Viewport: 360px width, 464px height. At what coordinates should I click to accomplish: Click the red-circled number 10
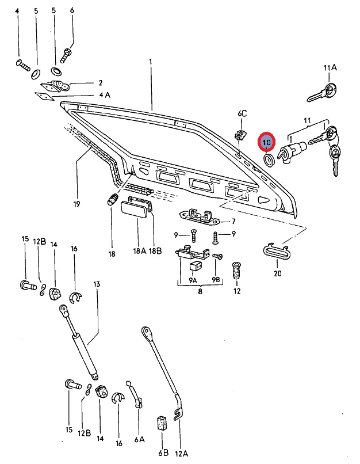click(267, 141)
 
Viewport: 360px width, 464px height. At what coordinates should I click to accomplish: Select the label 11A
click(330, 68)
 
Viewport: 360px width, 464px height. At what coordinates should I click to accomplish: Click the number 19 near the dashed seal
click(76, 204)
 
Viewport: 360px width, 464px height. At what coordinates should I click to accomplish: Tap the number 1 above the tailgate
click(151, 62)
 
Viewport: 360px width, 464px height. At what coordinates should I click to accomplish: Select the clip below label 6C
click(241, 137)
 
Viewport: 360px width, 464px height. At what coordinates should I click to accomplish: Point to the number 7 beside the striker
click(233, 222)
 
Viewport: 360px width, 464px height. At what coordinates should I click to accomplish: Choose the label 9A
click(193, 280)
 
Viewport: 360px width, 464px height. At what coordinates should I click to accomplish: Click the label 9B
click(216, 280)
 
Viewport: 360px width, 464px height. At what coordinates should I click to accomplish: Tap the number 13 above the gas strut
click(97, 284)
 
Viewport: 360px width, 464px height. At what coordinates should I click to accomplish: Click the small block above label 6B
click(162, 423)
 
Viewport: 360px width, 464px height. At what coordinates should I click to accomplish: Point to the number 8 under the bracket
click(200, 292)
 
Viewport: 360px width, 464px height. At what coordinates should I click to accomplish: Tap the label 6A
click(139, 440)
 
